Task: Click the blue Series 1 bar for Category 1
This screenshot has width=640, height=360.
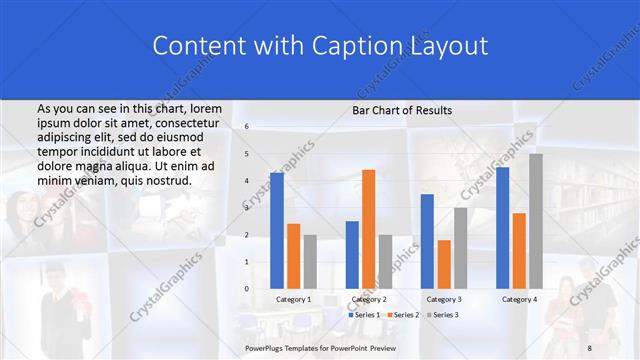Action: [x=277, y=230]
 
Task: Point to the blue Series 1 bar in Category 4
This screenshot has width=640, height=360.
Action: [x=502, y=227]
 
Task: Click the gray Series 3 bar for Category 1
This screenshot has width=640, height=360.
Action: [x=310, y=261]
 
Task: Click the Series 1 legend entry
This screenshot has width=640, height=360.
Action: [x=365, y=314]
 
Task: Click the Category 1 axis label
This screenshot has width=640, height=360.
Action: [x=293, y=299]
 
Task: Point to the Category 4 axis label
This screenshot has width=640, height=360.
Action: [x=519, y=299]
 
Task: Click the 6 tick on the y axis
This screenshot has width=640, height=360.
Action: [x=247, y=127]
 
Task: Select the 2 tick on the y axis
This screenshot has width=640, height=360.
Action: [x=247, y=234]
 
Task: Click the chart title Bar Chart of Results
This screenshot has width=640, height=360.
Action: [x=402, y=110]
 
